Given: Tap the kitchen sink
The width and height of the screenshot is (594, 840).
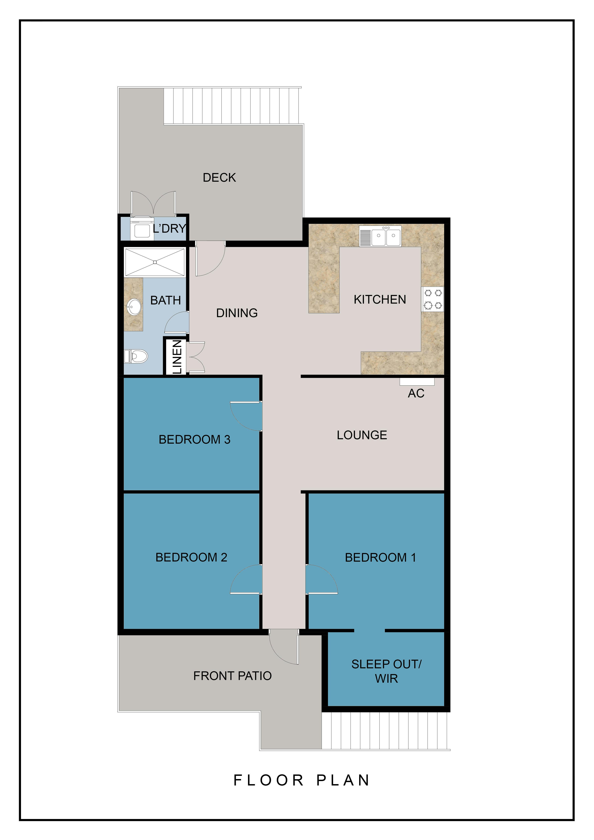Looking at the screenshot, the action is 380,236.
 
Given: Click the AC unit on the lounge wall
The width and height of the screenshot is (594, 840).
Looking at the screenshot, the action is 417,382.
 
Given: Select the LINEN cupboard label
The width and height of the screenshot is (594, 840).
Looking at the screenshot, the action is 177,357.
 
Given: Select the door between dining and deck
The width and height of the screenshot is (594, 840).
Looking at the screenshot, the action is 210,258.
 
